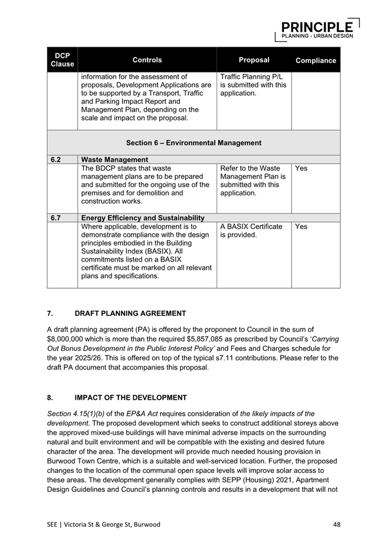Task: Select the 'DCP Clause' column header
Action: click(x=62, y=60)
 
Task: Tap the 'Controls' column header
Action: click(x=147, y=60)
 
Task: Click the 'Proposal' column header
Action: click(x=254, y=60)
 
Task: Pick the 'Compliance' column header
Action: click(x=316, y=60)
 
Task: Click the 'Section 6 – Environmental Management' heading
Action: click(x=193, y=143)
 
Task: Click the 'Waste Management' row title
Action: click(x=114, y=159)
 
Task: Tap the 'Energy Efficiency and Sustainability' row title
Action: click(x=142, y=218)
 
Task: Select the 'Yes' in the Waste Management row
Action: click(x=301, y=168)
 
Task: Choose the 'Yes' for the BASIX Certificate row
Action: click(x=301, y=226)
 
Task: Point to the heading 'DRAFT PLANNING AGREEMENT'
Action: click(x=130, y=313)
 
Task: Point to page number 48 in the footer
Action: click(x=336, y=524)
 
